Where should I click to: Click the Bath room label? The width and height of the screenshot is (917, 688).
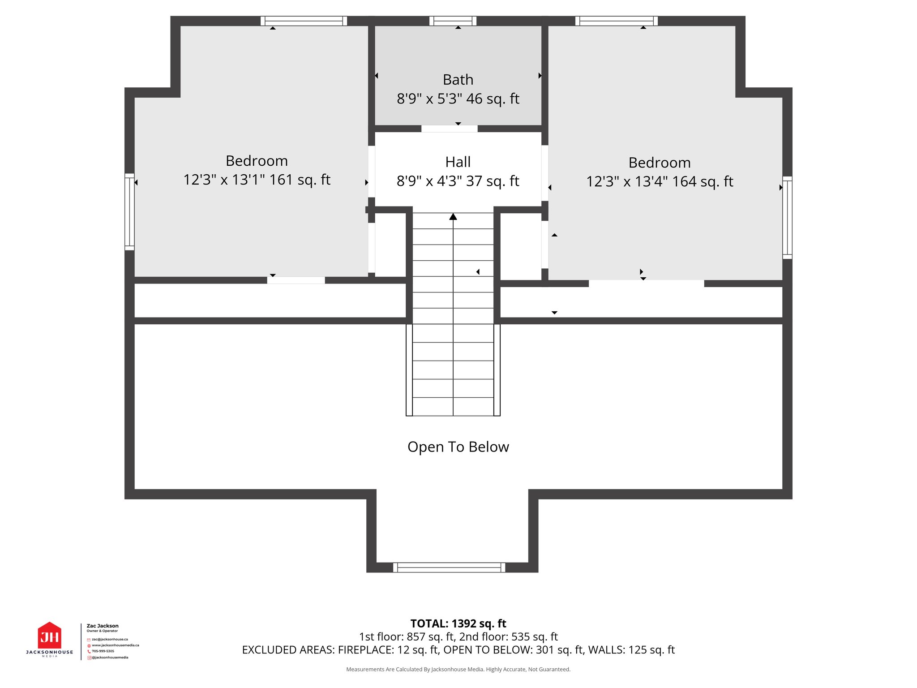click(458, 80)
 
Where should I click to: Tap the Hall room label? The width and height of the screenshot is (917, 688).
click(458, 162)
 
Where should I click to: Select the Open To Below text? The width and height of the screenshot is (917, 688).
click(458, 447)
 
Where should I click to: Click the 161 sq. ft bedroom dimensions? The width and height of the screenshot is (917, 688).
click(257, 180)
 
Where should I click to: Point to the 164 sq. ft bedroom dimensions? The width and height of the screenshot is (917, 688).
click(659, 182)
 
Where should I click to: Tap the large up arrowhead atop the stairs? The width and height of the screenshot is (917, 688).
click(453, 217)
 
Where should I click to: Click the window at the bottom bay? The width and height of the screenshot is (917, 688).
click(449, 568)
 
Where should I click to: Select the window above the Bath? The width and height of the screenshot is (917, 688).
click(453, 21)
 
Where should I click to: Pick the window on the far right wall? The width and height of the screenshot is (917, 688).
click(787, 218)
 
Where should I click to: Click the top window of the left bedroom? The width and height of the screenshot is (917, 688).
click(304, 21)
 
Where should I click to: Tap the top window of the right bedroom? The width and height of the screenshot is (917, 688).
click(617, 21)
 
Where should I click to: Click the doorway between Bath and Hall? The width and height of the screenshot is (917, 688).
click(449, 129)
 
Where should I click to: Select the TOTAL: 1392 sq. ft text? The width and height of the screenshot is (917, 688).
click(458, 623)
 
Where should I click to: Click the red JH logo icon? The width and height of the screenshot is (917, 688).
click(49, 636)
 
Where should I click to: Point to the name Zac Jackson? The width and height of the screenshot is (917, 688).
click(103, 626)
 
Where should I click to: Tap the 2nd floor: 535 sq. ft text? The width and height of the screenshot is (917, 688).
click(508, 637)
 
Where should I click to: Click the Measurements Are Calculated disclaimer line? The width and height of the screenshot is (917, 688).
click(458, 670)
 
